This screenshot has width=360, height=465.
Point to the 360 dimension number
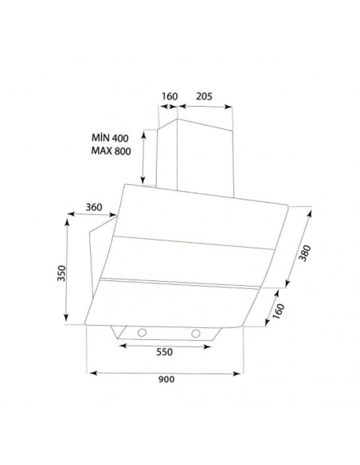94,207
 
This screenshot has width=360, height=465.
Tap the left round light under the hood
142,331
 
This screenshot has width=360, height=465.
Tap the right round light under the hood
194,331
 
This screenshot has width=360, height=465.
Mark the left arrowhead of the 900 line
89,371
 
